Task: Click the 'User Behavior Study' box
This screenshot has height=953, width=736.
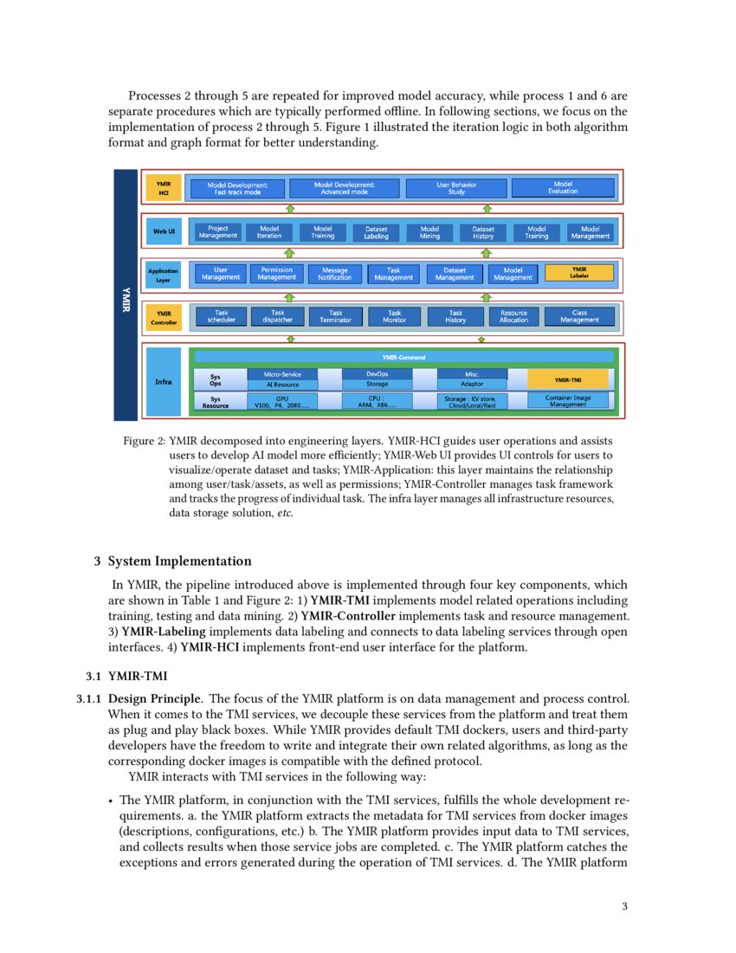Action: [x=456, y=188]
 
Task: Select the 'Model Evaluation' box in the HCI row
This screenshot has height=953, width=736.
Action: [x=563, y=187]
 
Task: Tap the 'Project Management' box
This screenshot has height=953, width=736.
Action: [x=218, y=232]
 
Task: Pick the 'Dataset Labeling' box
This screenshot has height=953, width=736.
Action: [x=376, y=232]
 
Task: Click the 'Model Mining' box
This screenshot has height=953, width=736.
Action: [x=429, y=232]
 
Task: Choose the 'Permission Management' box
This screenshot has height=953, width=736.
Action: [x=277, y=274]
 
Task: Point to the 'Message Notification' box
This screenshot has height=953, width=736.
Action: [x=334, y=274]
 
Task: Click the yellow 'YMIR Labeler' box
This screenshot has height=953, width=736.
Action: [x=579, y=273]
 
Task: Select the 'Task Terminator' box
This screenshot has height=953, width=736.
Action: [x=335, y=316]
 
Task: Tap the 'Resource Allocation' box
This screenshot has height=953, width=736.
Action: [x=513, y=316]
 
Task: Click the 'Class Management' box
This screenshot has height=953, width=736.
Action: [x=579, y=316]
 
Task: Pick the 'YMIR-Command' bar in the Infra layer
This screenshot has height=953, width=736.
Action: [x=404, y=356]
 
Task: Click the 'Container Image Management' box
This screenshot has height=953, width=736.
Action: [x=568, y=400]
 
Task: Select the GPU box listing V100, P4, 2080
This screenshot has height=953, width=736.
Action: [x=282, y=401]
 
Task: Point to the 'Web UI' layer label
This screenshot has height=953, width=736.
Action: [x=165, y=231]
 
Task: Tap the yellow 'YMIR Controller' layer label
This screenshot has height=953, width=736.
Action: [x=164, y=317]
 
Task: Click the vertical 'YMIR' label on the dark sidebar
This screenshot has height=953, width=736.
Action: [x=126, y=294]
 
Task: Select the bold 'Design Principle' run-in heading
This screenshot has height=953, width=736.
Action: [x=155, y=697]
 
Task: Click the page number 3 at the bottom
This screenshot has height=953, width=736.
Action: [x=623, y=906]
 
